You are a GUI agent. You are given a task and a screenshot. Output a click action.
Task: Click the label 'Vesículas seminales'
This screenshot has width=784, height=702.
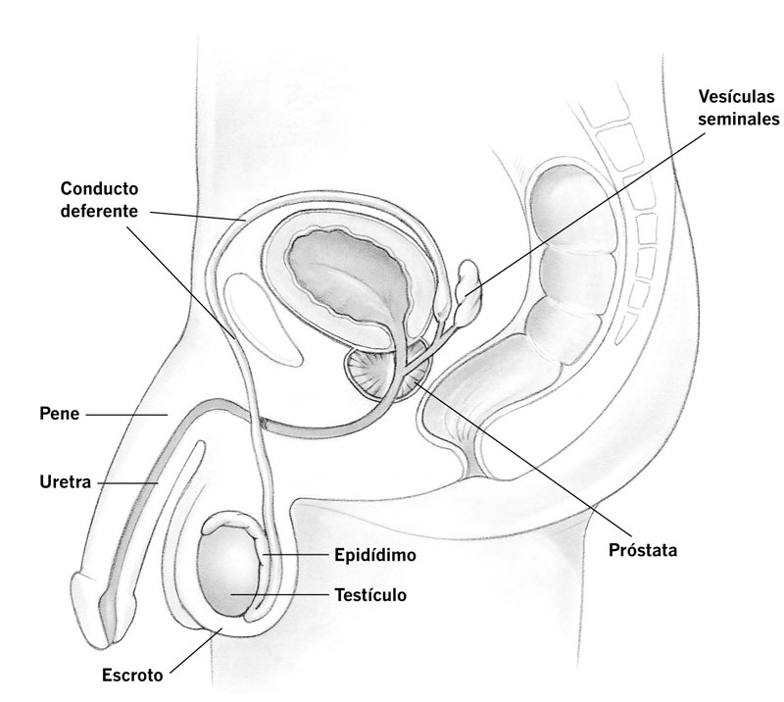click(738, 108)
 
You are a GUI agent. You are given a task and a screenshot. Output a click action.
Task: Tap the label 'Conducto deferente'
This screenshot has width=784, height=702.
click(100, 197)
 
